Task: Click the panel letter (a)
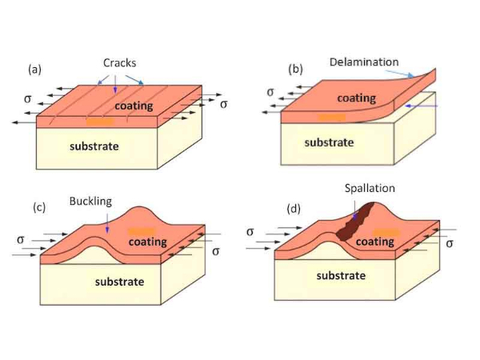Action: (34, 69)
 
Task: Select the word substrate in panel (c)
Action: (119, 282)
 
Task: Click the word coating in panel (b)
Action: (356, 98)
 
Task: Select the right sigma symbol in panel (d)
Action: (449, 242)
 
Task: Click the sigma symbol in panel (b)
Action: (270, 91)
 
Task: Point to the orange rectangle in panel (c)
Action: (140, 232)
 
